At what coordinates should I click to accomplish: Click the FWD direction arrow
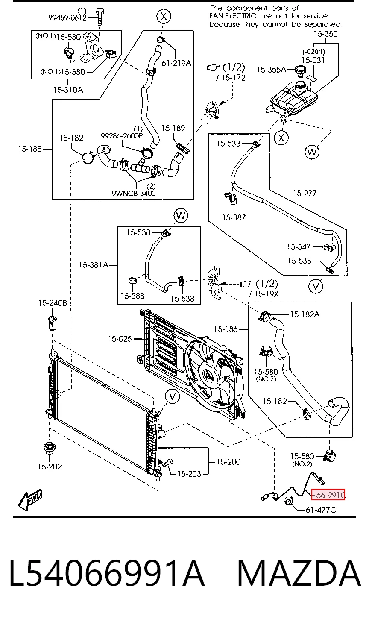(30, 499)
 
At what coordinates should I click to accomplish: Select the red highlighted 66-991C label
(328, 495)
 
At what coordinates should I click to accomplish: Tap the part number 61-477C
(321, 510)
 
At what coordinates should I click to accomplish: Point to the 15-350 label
(325, 34)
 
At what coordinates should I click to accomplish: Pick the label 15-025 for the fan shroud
(120, 338)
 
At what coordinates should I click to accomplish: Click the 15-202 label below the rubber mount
(50, 466)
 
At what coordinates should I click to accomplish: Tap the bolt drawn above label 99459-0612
(100, 17)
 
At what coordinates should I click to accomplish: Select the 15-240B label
(53, 302)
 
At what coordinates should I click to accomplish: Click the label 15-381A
(93, 264)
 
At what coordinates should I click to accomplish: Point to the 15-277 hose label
(305, 193)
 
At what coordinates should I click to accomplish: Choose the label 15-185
(30, 149)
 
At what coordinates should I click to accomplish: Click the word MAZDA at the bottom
(299, 573)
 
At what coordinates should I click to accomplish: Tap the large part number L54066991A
(107, 573)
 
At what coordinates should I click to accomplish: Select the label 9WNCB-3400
(134, 193)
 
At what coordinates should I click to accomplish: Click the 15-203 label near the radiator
(189, 474)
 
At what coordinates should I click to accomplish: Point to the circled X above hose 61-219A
(164, 16)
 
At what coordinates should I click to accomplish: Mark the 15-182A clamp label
(305, 314)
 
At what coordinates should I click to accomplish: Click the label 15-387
(234, 217)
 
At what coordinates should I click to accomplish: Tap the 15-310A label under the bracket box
(68, 90)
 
